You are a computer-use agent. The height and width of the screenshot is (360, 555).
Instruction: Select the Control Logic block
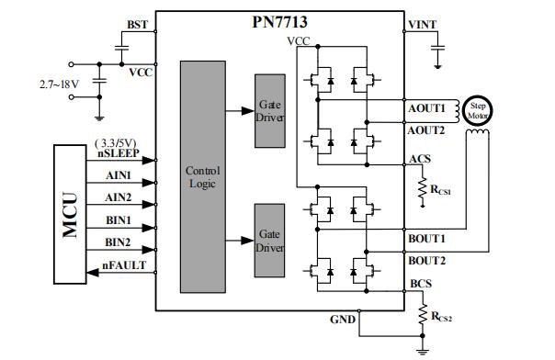tap(203, 176)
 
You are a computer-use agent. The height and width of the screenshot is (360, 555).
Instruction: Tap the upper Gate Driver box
tap(269, 112)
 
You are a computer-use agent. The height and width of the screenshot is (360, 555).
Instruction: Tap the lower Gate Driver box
tap(269, 241)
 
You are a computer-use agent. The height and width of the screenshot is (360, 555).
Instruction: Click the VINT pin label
tap(423, 25)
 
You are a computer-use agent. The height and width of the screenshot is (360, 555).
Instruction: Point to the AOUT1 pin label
tap(426, 108)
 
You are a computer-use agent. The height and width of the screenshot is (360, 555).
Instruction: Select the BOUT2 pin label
tap(426, 262)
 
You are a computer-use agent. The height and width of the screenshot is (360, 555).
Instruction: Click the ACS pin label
tap(419, 159)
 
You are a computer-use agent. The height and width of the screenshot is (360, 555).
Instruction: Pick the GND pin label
tap(343, 319)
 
